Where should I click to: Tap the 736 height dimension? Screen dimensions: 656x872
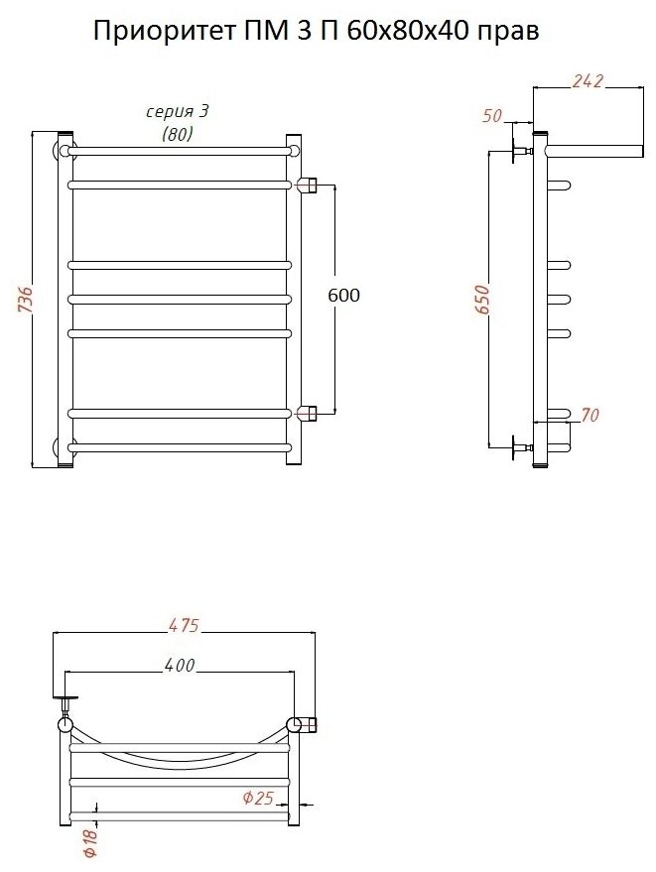(x=27, y=300)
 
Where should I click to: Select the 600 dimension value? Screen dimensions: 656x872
(x=343, y=296)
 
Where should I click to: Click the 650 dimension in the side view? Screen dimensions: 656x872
(x=482, y=300)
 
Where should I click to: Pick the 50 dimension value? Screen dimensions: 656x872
(x=493, y=116)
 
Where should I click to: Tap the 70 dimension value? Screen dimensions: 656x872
(x=590, y=416)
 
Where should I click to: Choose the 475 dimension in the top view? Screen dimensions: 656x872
(x=184, y=625)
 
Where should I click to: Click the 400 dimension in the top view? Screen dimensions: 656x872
(x=179, y=665)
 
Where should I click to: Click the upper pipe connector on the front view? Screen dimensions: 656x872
(x=308, y=185)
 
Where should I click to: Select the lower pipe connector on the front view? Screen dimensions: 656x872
(x=308, y=412)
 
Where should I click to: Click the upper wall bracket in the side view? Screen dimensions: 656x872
(x=519, y=151)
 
